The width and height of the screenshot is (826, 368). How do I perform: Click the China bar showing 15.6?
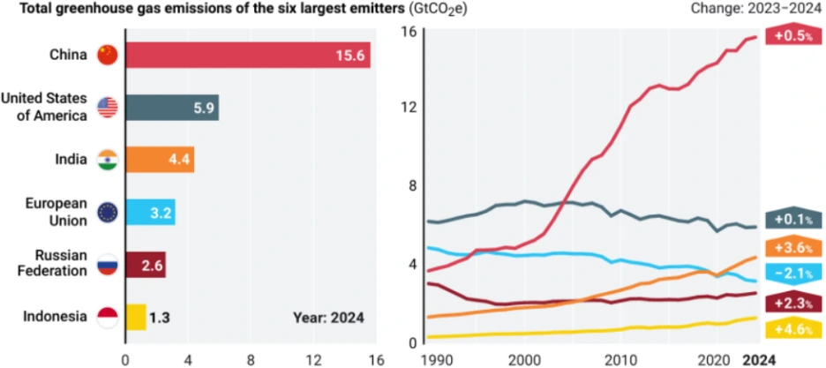pyautogui.click(x=247, y=55)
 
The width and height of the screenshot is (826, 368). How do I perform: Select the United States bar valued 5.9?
pyautogui.click(x=172, y=108)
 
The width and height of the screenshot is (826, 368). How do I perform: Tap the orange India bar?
pyautogui.click(x=160, y=160)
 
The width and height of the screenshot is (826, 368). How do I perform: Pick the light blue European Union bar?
pyautogui.click(x=150, y=213)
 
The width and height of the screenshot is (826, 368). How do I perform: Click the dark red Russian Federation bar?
pyautogui.click(x=146, y=265)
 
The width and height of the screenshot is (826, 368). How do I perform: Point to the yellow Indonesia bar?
pyautogui.click(x=136, y=317)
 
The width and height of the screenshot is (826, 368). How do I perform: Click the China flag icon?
pyautogui.click(x=107, y=55)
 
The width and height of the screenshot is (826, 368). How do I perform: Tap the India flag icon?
pyautogui.click(x=107, y=160)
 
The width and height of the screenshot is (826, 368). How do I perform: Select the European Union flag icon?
pyautogui.click(x=107, y=213)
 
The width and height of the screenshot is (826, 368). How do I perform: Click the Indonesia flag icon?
pyautogui.click(x=107, y=317)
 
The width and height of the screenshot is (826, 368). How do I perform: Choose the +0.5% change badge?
pyautogui.click(x=792, y=36)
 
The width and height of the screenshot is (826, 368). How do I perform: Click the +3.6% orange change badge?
pyautogui.click(x=793, y=247)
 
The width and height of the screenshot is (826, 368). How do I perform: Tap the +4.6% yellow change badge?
pyautogui.click(x=793, y=329)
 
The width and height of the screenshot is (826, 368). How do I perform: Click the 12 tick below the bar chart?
pyautogui.click(x=313, y=359)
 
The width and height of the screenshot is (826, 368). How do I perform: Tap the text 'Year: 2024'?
pyautogui.click(x=328, y=317)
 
